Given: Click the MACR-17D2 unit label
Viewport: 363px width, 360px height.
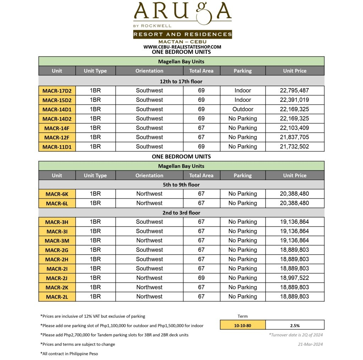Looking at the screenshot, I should [57, 91].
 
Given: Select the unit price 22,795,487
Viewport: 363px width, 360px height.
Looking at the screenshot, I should [294, 90].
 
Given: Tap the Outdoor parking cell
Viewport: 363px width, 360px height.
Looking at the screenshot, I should [242, 109].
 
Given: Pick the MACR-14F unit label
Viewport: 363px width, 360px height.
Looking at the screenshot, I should [57, 128].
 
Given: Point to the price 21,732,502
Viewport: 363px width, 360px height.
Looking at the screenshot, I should [294, 146].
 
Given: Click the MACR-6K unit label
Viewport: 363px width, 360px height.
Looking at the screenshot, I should [57, 194].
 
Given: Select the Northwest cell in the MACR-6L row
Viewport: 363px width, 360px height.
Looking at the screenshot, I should [149, 203].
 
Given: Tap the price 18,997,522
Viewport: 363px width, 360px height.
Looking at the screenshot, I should [294, 278].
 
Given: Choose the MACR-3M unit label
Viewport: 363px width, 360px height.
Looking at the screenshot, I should [57, 241].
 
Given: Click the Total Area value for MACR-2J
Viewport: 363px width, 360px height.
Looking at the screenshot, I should [201, 278].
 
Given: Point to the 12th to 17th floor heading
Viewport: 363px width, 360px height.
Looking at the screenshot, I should [181, 81].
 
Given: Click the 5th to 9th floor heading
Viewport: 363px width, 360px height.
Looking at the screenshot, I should [181, 185].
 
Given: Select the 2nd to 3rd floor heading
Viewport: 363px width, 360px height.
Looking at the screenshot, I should [181, 213].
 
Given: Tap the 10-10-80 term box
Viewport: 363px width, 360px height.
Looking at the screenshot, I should [242, 325].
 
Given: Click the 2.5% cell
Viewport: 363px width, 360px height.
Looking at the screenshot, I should [295, 325].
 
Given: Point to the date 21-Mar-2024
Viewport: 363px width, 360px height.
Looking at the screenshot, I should [311, 344].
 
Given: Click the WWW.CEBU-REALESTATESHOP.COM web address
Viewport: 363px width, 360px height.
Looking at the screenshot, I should [182, 47].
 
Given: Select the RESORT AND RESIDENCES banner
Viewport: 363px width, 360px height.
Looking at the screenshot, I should [182, 34].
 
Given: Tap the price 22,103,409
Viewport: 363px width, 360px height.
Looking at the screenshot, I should [294, 128].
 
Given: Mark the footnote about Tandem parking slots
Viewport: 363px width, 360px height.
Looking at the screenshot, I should [115, 335].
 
